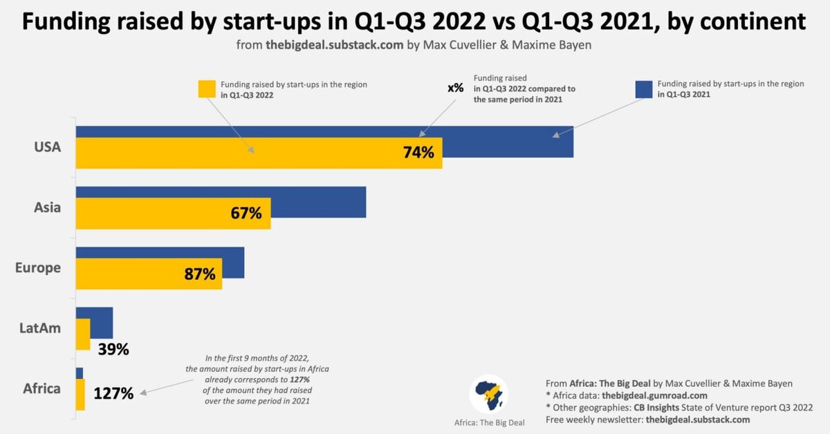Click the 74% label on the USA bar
pos(418,153)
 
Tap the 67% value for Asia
pos(246,213)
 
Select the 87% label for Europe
pos(201,274)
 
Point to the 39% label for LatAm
pos(113,349)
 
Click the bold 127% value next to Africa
pos(113,394)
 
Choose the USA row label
pos(47,147)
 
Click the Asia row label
pos(47,207)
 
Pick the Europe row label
pos(38,267)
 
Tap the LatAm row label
pos(40,328)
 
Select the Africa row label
pos(41,388)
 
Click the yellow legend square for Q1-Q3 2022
pos(207,89)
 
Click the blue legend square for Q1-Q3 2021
pos(644,89)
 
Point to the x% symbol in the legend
pos(455,88)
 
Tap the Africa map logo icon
pos(489,394)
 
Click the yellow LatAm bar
pos(83,334)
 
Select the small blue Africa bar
pos(80,373)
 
